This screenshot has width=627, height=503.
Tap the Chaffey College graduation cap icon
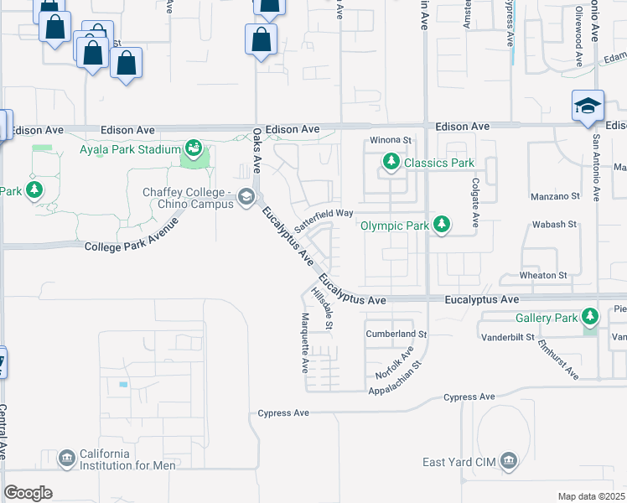pyautogui.click(x=246, y=198)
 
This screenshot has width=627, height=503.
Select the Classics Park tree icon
pyautogui.click(x=390, y=163)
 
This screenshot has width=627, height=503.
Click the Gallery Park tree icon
pyautogui.click(x=592, y=317)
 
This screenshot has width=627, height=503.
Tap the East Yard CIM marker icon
pyautogui.click(x=509, y=460)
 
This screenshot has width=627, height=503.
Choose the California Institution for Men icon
pyautogui.click(x=67, y=459)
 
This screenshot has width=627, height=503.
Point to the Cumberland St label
pyautogui.click(x=396, y=334)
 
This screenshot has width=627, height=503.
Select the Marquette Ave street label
pyautogui.click(x=305, y=343)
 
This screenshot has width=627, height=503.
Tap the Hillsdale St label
pyautogui.click(x=323, y=308)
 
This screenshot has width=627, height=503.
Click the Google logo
pyautogui.click(x=28, y=493)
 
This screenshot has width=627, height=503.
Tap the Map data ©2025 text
pyautogui.click(x=590, y=495)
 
